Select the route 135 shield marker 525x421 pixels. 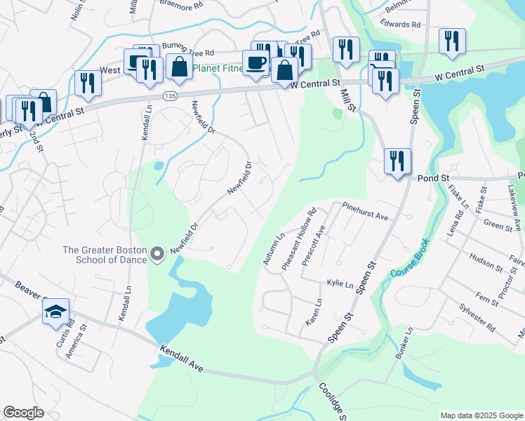pyautogui.click(x=169, y=95)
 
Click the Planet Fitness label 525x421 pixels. pyautogui.click(x=218, y=69)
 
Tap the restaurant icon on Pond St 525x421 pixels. pyautogui.click(x=397, y=162)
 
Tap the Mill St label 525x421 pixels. pyautogui.click(x=349, y=100)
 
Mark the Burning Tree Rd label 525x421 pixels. pyautogui.click(x=188, y=50)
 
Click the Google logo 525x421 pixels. pyautogui.click(x=23, y=413)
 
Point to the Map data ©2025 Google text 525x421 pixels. pyautogui.click(x=481, y=415)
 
